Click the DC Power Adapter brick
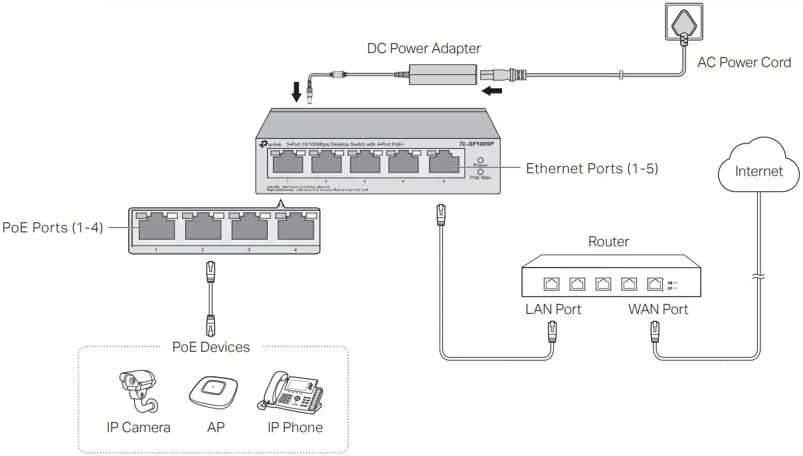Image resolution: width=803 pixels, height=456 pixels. coord(442,74)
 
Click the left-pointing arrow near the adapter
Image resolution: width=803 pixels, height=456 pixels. coord(491,90)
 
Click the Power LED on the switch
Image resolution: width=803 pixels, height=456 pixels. coord(480,159)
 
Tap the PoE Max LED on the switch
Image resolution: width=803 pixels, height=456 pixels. coord(480,171)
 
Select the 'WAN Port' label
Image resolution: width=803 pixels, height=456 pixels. coord(658,309)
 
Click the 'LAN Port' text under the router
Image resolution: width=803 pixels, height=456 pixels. coord(553,309)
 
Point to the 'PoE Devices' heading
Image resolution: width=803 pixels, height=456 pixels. coord(211,347)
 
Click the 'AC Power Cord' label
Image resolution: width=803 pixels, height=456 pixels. coord(744,62)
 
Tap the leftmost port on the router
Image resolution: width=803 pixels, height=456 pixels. coord(551,284)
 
